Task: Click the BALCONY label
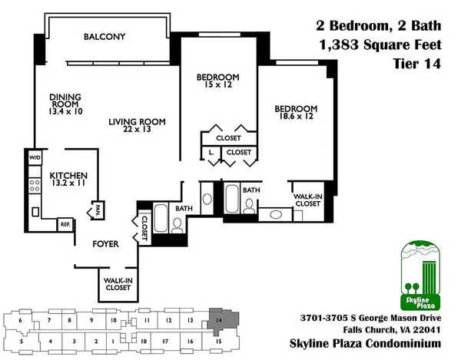104,37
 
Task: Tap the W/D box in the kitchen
35,158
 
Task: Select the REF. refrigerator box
65,224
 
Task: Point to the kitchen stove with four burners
35,185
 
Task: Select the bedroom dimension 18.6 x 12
296,117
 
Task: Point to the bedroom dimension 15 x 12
217,86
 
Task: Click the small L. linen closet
211,153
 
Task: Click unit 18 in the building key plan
144,339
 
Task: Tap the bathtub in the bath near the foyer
163,218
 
